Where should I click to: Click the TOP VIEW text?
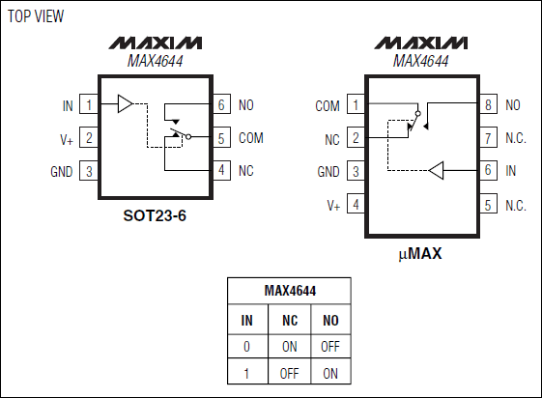36,16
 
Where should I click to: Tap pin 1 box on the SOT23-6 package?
89,104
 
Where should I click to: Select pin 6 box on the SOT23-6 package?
221,104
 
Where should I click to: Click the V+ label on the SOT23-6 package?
67,139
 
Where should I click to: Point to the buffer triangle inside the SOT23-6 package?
126,103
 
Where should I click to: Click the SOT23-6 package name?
155,215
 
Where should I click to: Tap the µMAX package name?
420,254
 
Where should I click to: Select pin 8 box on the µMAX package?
488,104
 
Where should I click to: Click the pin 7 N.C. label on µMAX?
516,138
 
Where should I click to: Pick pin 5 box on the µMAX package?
488,205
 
